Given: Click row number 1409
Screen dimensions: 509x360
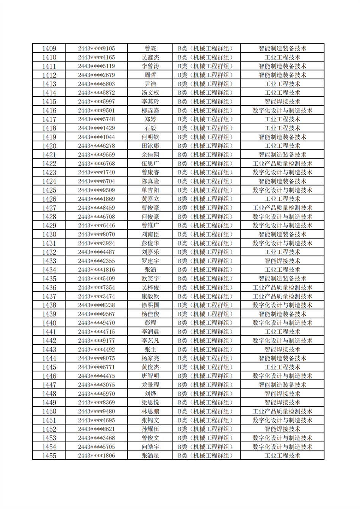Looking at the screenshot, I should [49, 49].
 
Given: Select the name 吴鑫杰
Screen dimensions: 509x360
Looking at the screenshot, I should [150, 57].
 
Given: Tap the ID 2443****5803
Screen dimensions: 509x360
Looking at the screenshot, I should [96, 84].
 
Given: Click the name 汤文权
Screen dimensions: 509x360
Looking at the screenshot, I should [150, 93].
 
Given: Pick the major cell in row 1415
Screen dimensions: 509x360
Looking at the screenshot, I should [282, 102].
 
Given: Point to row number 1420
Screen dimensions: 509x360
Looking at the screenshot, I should [49, 146].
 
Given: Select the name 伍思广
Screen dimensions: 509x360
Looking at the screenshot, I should [150, 164].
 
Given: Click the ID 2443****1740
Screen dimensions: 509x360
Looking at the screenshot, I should [96, 172].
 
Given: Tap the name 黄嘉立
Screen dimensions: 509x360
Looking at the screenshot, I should [150, 199].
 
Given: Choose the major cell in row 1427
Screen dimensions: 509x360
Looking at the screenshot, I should [282, 208].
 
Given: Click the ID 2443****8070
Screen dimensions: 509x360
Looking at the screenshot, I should [96, 235].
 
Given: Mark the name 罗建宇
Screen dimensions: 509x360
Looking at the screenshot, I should [150, 261].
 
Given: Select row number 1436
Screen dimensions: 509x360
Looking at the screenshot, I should [49, 288].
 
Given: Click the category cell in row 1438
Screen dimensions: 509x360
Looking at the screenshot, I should [206, 305].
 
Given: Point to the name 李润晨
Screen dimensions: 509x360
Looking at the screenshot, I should [150, 332].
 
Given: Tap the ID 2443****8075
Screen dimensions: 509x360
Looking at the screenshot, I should [96, 358].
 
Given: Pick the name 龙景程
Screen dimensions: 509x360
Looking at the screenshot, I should [150, 385].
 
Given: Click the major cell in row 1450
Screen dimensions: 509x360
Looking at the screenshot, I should [282, 411].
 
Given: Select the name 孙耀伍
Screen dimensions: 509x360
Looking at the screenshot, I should [150, 429].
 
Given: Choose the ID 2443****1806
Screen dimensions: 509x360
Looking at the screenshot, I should [96, 456].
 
